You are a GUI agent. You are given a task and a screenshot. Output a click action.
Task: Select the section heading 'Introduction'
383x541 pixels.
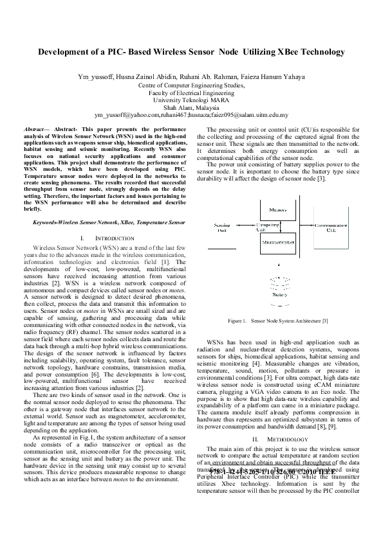(x=104, y=238)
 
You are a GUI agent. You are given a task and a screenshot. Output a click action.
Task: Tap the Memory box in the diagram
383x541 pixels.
(x=278, y=210)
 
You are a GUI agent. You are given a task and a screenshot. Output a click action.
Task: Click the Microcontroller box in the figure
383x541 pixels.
(x=278, y=244)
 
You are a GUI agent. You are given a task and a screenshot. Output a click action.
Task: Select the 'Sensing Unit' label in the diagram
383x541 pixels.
(x=221, y=228)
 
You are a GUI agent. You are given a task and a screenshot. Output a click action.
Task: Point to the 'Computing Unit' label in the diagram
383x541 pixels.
(x=266, y=227)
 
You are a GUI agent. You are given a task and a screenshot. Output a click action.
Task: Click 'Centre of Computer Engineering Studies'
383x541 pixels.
(x=190, y=85)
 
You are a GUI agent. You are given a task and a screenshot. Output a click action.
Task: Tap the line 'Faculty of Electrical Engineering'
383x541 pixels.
(x=190, y=93)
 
